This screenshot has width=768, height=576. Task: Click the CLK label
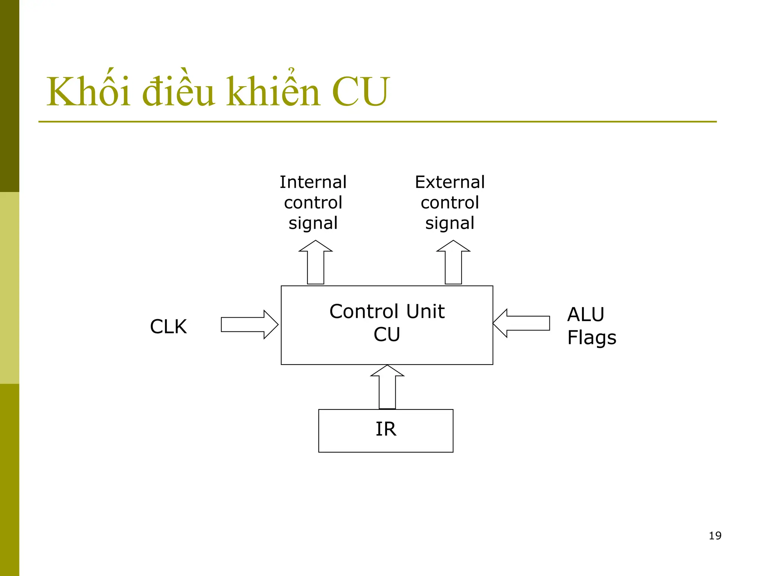(x=168, y=326)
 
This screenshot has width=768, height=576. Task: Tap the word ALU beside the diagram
(x=585, y=314)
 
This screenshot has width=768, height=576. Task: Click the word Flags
(x=591, y=337)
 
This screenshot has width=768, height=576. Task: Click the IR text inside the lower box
(x=386, y=429)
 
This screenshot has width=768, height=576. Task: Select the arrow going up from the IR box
(x=387, y=388)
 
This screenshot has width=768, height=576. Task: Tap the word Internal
(x=313, y=182)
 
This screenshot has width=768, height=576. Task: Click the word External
(x=450, y=182)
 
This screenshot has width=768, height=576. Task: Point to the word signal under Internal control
(x=313, y=223)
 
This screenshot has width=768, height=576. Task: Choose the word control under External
(x=450, y=203)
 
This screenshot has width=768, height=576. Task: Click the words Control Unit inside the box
(x=387, y=311)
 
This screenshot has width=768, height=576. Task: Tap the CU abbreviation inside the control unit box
(x=387, y=334)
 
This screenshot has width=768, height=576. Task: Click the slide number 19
(x=715, y=535)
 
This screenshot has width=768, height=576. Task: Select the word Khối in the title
(x=88, y=91)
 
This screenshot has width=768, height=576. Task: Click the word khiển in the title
(x=273, y=91)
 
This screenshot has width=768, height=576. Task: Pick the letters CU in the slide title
(x=360, y=91)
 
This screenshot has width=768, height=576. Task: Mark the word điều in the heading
(x=178, y=91)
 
